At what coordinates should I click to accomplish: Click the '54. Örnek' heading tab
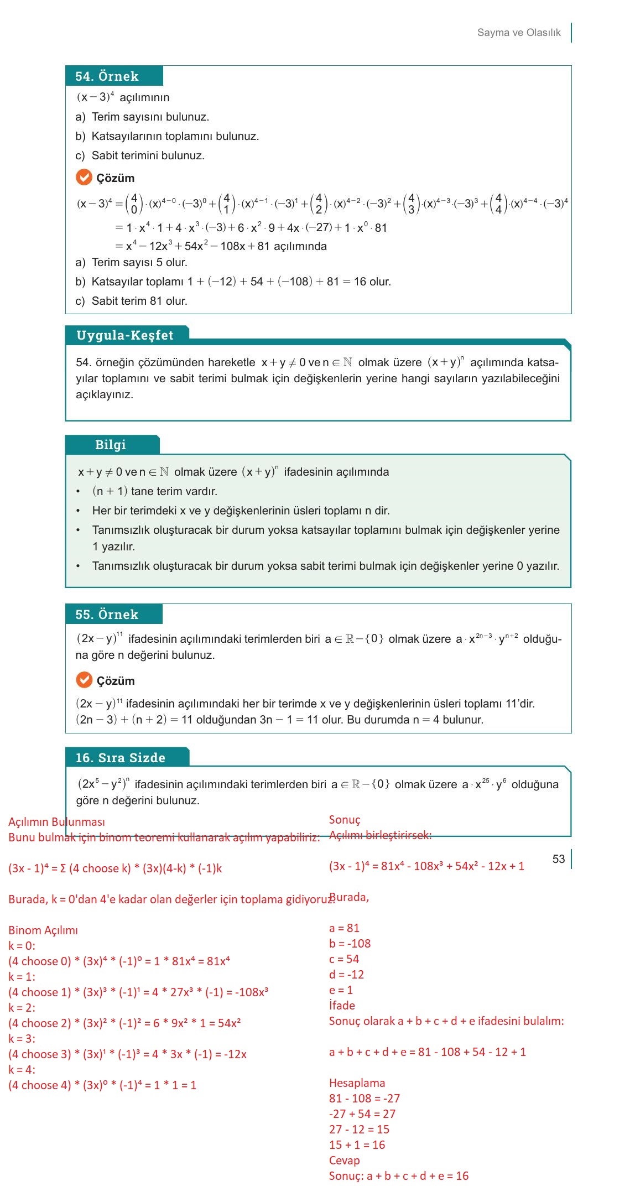pos(107,76)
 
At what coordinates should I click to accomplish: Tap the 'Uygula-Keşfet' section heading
pos(125,335)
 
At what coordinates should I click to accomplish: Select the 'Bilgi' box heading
pos(111,445)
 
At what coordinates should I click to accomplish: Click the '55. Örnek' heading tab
pos(107,615)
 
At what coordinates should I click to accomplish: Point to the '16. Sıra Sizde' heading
pos(121,758)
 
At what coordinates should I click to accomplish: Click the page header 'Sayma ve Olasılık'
pos(519,33)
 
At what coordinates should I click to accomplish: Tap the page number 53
pos(559,858)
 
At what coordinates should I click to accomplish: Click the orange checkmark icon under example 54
pos(84,177)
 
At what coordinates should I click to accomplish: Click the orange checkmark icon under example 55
pos(84,680)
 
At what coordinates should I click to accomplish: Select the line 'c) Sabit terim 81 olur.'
pos(132,301)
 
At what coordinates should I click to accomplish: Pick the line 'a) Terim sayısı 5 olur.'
pos(132,262)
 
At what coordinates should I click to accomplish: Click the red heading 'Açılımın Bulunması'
pos(56,822)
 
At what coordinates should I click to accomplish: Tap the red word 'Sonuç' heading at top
pos(345,820)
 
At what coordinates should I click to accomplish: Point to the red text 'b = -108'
pos(350,944)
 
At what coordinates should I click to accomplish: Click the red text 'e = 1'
pos(341,990)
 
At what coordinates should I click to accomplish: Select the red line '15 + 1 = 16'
pos(357,1145)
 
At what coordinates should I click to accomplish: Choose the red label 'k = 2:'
pos(22,1008)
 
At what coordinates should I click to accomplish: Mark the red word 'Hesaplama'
pos(357,1083)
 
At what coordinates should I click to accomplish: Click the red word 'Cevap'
pos(344,1160)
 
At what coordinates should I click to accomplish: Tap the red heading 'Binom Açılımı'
pos(43,930)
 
